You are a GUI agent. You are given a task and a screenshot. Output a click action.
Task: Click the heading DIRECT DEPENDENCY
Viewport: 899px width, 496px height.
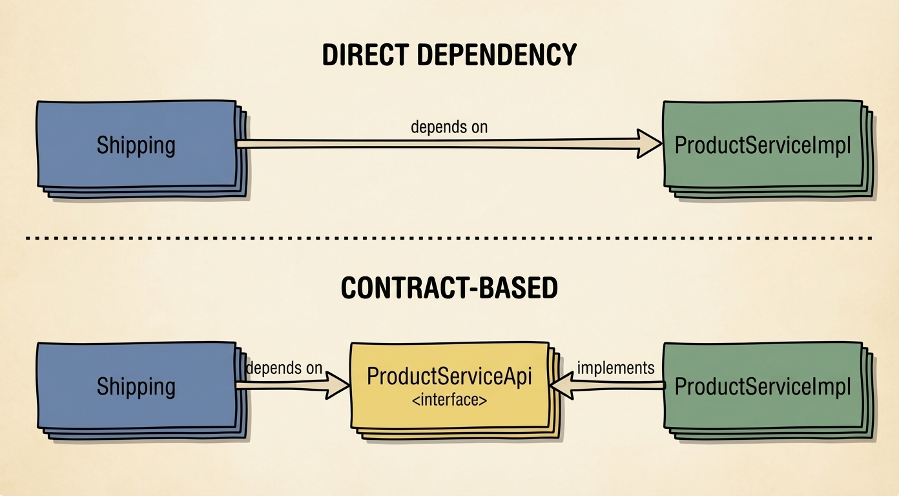pos(449,56)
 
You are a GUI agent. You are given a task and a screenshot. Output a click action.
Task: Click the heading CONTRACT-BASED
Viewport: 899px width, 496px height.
pos(449,289)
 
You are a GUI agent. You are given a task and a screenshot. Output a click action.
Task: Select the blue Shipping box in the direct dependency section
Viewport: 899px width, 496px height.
pos(137,145)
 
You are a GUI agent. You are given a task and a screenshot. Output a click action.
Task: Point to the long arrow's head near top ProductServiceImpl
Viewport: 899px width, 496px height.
pos(649,143)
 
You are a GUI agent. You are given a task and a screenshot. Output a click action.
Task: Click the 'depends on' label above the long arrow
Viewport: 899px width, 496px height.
pos(449,127)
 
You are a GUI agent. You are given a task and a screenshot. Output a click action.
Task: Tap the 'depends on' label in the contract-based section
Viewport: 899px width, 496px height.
pos(284,368)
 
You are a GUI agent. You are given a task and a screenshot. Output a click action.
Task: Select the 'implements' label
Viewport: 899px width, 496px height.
pos(615,368)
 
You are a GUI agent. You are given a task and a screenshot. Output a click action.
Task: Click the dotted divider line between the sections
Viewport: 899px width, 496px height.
pos(449,238)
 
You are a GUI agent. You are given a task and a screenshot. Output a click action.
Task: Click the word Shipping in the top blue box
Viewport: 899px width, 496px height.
pos(136,145)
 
